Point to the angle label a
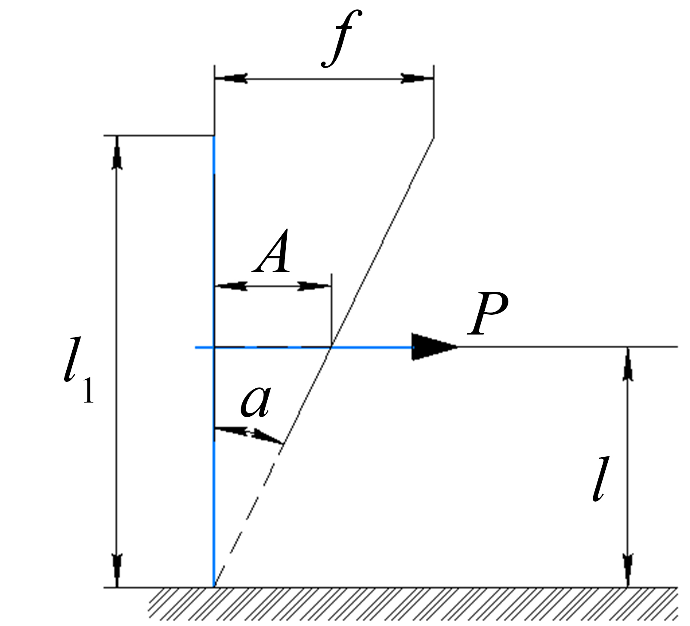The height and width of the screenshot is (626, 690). point(256,402)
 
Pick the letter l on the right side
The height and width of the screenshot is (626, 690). point(598,480)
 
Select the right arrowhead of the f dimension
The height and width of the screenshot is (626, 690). point(417,79)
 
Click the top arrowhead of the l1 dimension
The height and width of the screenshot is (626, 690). point(117,152)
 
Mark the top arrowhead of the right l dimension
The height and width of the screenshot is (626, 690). point(628,363)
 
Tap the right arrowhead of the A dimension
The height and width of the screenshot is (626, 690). point(315,286)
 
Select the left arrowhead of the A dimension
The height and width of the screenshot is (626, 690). point(231,286)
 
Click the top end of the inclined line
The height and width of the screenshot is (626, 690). point(433,138)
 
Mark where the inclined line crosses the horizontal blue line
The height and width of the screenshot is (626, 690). point(331,347)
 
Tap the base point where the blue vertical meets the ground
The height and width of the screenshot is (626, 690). point(214,587)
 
